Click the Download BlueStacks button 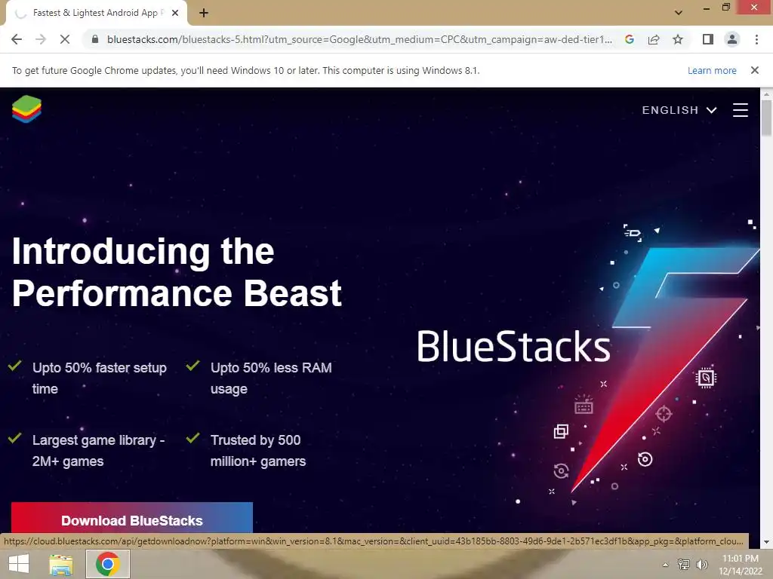[x=131, y=518]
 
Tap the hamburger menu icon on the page [x=740, y=110]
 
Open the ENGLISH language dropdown [x=679, y=110]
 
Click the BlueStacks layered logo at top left [x=26, y=109]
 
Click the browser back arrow [x=17, y=39]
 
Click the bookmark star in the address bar [x=678, y=39]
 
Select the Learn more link [x=712, y=70]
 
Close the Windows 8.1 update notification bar [x=754, y=70]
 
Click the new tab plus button [x=204, y=13]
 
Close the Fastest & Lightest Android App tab [x=175, y=13]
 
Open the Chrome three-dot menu [x=756, y=39]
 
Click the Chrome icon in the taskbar [x=108, y=564]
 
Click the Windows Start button [x=19, y=564]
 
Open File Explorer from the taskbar [x=61, y=564]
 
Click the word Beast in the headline [x=292, y=293]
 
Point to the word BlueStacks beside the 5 [x=513, y=346]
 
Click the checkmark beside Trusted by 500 [x=192, y=437]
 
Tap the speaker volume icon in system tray [x=701, y=564]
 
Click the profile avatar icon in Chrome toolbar [x=732, y=39]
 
